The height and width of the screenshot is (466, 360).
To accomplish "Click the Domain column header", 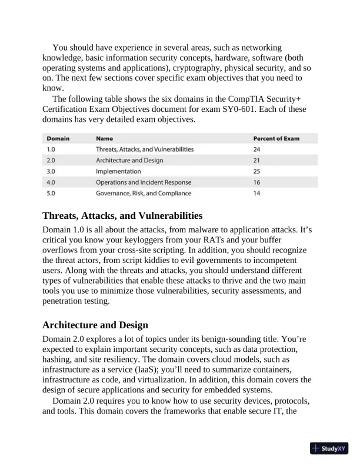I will point(58,139).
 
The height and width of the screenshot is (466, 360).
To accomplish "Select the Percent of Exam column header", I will point(276,139).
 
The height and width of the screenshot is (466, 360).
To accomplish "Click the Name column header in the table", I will point(105,139).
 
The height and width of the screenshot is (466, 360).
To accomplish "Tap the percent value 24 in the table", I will point(257,149).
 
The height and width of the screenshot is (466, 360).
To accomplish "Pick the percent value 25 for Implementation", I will point(257,171).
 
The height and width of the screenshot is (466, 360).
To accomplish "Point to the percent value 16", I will point(256,182).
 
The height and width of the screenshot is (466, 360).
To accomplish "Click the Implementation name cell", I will point(118,171).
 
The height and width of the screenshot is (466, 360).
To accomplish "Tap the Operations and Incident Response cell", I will point(144,182).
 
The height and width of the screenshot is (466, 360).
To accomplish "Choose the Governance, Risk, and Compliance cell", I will point(144,193).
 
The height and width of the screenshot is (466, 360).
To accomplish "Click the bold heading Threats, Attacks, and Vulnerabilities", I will point(122,215).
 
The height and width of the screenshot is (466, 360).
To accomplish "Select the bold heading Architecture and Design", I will point(95,325).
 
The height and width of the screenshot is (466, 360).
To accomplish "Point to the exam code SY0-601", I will point(253,109).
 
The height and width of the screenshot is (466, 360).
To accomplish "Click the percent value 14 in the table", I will point(256,193).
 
